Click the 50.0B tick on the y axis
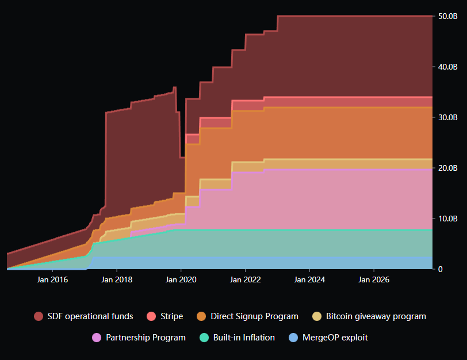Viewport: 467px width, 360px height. pyautogui.click(x=448, y=16)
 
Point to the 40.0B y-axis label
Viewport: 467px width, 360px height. pyautogui.click(x=448, y=67)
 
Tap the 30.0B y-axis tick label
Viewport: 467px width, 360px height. pyautogui.click(x=448, y=117)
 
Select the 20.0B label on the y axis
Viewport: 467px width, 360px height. pyautogui.click(x=448, y=168)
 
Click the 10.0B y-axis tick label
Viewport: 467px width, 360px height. pyautogui.click(x=448, y=219)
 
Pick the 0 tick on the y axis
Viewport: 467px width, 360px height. pyautogui.click(x=441, y=269)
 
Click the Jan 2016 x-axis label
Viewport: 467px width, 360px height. pyautogui.click(x=52, y=280)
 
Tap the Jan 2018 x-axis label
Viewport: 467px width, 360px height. pyautogui.click(x=117, y=280)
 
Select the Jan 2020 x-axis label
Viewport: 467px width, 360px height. pyautogui.click(x=181, y=280)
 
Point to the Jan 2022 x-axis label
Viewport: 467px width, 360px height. pyautogui.click(x=246, y=280)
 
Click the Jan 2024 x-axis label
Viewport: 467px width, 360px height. pyautogui.click(x=309, y=280)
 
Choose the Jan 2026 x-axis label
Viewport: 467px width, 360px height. pyautogui.click(x=374, y=280)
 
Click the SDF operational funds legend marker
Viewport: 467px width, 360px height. pyautogui.click(x=39, y=316)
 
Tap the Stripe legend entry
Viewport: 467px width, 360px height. pyautogui.click(x=165, y=316)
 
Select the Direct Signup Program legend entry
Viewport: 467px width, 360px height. pyautogui.click(x=247, y=316)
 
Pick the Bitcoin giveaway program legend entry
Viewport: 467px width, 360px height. pyautogui.click(x=369, y=316)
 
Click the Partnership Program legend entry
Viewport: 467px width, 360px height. pyautogui.click(x=139, y=338)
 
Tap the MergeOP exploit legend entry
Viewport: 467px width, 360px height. pyautogui.click(x=327, y=338)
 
